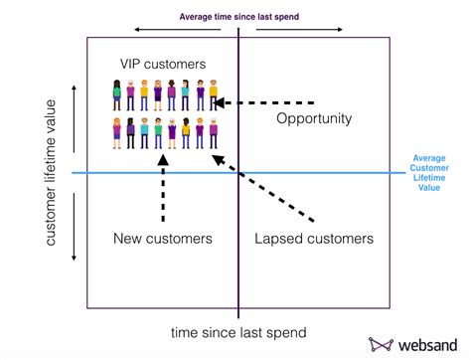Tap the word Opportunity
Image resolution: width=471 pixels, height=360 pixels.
coord(313,119)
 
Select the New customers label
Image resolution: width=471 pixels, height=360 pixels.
coord(162,239)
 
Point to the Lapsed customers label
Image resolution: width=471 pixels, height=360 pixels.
coord(313,239)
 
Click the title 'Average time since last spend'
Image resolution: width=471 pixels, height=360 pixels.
coord(237,15)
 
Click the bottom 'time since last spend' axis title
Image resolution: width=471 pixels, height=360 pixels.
coord(237,331)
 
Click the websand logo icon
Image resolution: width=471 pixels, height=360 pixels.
coord(381,343)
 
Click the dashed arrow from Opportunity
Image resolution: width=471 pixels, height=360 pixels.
coord(266,101)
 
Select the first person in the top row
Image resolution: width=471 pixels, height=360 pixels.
coord(117,94)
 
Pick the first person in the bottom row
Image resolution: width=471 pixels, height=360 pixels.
coord(117,134)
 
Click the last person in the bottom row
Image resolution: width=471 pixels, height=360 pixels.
coord(212,134)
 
